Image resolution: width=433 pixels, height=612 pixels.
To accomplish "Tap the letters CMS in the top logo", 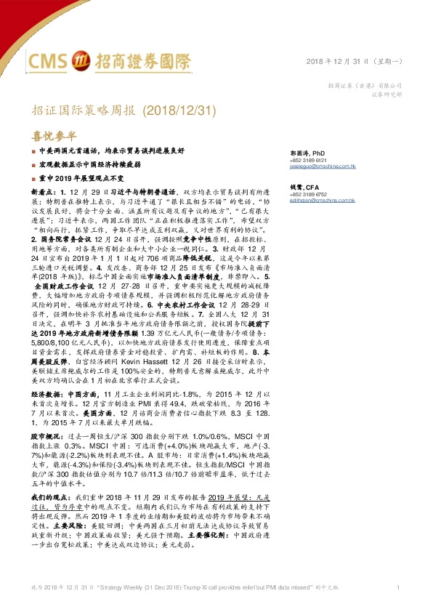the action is (51, 60).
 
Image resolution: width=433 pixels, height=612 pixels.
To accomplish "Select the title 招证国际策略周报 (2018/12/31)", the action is (125, 110).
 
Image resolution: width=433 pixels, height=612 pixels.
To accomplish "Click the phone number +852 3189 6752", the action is (308, 194).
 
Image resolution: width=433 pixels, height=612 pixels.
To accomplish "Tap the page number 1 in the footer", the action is (398, 587).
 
